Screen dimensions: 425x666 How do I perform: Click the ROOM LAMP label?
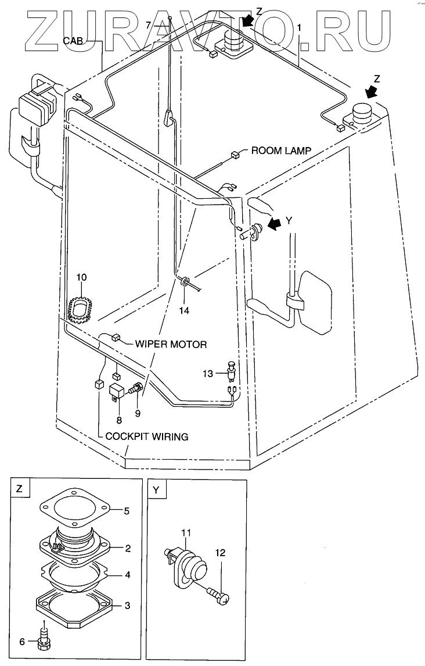coord(281,151)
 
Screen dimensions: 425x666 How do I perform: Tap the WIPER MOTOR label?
coord(171,343)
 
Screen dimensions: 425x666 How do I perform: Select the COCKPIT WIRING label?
coord(147,436)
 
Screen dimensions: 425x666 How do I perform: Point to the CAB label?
coord(74,41)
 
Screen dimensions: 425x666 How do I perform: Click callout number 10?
coord(81,277)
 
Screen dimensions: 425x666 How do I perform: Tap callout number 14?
coord(183,310)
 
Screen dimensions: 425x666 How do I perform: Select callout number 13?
coord(208,373)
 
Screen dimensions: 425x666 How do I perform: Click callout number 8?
coord(119,420)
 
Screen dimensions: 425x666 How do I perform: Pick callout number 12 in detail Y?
coord(220,553)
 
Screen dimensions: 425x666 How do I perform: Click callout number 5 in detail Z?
coord(127,511)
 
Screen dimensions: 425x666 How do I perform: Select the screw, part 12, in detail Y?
coord(218,594)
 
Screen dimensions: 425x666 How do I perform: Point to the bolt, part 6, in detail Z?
coord(44,635)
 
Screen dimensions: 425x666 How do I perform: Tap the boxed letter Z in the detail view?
coord(19,488)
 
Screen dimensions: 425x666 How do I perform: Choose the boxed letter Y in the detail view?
coord(156,490)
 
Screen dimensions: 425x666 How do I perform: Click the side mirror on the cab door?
coord(314,302)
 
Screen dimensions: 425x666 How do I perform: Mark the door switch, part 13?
coord(232,370)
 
